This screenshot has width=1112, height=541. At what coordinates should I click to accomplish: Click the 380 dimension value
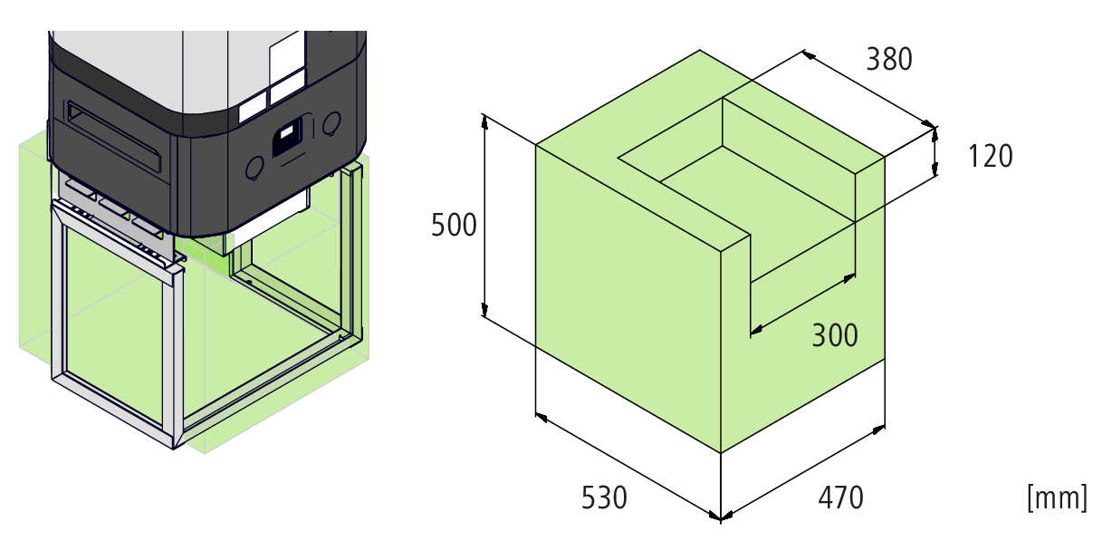[888, 59]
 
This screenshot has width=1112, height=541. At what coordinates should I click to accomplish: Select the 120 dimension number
[990, 157]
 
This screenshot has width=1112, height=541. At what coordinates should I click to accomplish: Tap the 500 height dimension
[453, 224]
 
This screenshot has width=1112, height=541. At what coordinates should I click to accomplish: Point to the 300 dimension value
[834, 335]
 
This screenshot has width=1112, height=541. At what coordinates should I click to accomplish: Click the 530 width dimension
[604, 498]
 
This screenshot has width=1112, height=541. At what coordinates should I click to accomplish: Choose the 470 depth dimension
[840, 498]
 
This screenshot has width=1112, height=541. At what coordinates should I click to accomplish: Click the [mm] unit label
[1057, 498]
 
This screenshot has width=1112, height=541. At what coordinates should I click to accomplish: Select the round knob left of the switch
[255, 166]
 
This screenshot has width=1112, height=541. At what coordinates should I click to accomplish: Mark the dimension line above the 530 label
[627, 467]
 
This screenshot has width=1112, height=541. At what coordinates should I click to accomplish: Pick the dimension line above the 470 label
[802, 471]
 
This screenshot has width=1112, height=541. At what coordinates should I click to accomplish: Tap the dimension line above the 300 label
[802, 304]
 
